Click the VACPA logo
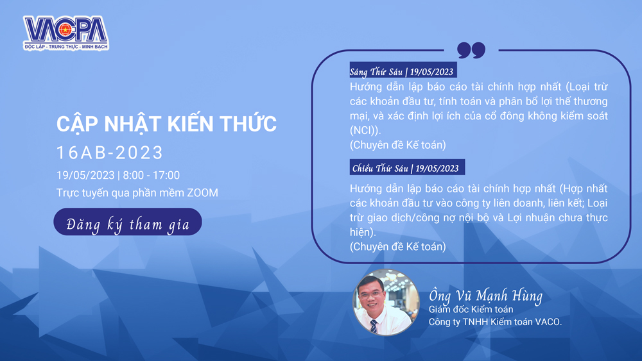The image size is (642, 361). (x=66, y=33)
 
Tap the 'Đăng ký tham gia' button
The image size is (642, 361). (x=128, y=222)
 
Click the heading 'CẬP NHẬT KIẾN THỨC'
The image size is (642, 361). (x=167, y=124)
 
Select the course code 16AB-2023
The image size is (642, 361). (x=110, y=153)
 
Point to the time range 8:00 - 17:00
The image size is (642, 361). (x=151, y=176)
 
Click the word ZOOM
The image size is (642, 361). (x=202, y=193)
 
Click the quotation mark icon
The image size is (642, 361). (x=471, y=50)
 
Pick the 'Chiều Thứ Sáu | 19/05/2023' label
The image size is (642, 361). (x=407, y=167)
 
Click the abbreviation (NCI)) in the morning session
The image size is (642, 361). (x=365, y=130)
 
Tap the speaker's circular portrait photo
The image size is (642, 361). (x=386, y=303)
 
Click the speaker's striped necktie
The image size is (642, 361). (x=374, y=326)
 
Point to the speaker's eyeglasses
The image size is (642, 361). (x=371, y=294)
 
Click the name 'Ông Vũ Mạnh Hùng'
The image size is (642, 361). (x=485, y=295)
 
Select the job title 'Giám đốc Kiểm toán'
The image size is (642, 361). (x=471, y=310)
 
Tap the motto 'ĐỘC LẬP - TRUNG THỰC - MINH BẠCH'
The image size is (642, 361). (x=66, y=47)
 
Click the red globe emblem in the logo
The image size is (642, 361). (x=65, y=29)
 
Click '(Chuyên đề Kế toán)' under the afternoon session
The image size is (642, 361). (x=397, y=246)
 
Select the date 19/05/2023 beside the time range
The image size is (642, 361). (x=85, y=176)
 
